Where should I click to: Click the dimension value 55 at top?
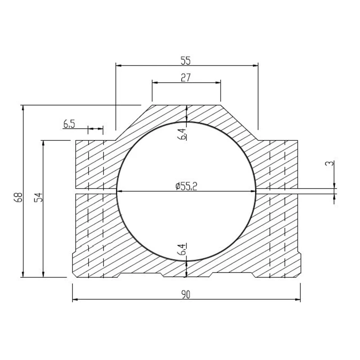tap(186, 59)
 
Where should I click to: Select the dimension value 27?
tap(186, 77)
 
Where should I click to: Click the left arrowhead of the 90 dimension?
tap(75, 299)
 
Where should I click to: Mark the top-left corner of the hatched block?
tap(76, 141)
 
